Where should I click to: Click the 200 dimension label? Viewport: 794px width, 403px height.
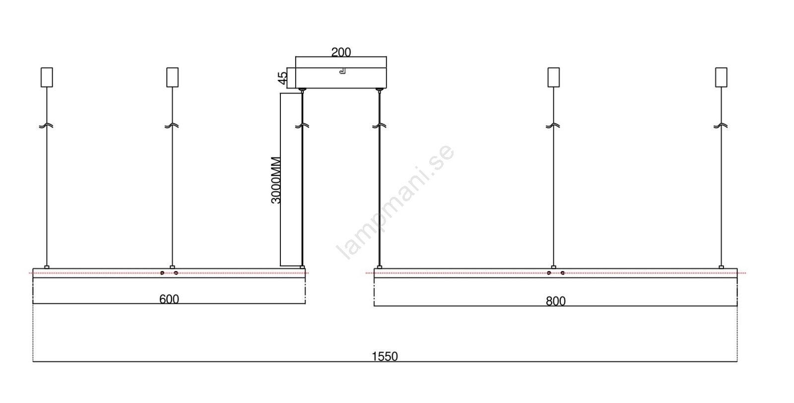pyautogui.click(x=341, y=52)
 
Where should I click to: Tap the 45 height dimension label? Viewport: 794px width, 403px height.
pyautogui.click(x=282, y=78)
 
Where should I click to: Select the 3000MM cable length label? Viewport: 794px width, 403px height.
pyautogui.click(x=276, y=180)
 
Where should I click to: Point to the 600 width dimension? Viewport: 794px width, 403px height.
pyautogui.click(x=169, y=299)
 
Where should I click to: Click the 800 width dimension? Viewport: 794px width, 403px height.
pyautogui.click(x=555, y=301)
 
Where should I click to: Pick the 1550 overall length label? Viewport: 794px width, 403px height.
pyautogui.click(x=385, y=356)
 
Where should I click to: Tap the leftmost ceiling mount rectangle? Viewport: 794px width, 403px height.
pyautogui.click(x=47, y=77)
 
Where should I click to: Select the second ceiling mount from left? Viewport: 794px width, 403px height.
pyautogui.click(x=173, y=77)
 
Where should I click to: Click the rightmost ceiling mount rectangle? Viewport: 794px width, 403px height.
pyautogui.click(x=721, y=77)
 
